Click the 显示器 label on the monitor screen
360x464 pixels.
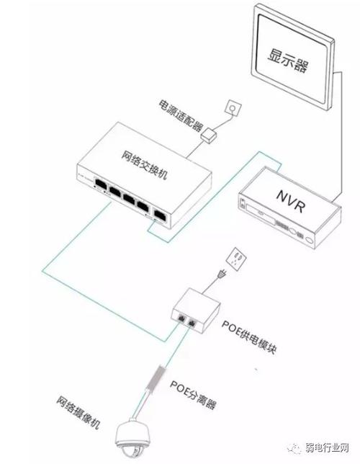point(287,61)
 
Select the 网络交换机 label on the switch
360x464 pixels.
point(145,165)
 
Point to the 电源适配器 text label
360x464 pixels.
point(181,115)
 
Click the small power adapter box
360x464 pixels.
point(208,135)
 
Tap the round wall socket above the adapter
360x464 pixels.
point(233,108)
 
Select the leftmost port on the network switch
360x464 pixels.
point(101,184)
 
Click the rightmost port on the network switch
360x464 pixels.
point(160,215)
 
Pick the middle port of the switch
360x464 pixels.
point(129,199)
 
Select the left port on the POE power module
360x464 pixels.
point(181,318)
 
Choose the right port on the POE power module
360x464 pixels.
point(192,324)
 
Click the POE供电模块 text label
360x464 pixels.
point(249,337)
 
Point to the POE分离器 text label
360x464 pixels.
point(193,394)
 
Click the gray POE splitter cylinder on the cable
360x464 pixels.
point(156,377)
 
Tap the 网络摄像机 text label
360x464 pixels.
point(78,412)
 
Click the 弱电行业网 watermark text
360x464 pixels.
point(327,447)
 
